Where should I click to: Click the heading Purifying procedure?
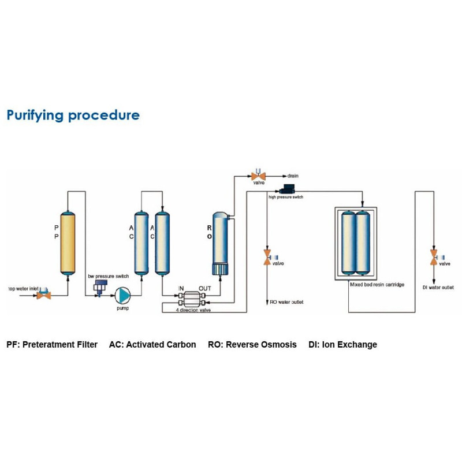point(73,115)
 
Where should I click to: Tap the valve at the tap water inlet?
point(43,295)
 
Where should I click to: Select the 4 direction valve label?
point(192,310)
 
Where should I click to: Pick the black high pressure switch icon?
point(286,189)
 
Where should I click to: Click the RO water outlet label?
point(286,302)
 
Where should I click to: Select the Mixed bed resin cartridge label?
point(376,285)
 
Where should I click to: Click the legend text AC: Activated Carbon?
point(152,345)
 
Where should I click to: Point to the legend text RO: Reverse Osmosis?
point(252,345)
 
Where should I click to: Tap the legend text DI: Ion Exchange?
point(342,345)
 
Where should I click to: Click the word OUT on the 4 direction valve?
point(205,288)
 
